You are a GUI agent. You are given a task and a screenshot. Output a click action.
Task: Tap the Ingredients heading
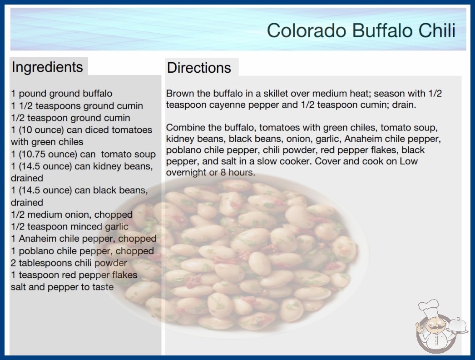(47, 67)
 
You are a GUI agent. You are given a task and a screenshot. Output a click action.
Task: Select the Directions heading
(199, 68)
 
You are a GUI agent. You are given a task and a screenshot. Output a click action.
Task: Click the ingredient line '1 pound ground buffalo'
(62, 94)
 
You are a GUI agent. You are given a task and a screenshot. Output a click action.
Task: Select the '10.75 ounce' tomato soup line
(83, 154)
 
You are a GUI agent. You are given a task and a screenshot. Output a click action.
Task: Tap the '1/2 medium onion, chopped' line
(72, 215)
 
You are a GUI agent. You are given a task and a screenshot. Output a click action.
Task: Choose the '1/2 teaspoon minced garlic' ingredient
(69, 226)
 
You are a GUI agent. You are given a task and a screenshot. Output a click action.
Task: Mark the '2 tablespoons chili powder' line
(69, 263)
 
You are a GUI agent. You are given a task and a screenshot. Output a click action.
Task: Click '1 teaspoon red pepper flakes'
(74, 275)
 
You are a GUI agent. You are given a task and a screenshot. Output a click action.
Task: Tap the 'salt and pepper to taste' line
(62, 287)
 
